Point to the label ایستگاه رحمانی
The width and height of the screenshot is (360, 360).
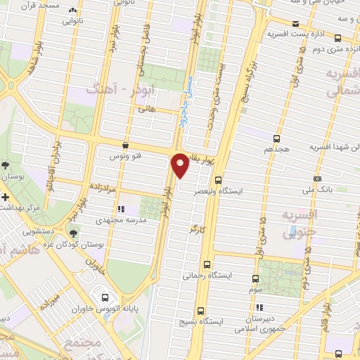[204, 276]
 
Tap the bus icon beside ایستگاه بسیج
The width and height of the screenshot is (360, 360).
[201, 310]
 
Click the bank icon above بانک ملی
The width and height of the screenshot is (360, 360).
[317, 179]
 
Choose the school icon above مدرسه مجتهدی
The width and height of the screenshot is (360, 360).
[121, 209]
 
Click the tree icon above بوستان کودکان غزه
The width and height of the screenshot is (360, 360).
[73, 233]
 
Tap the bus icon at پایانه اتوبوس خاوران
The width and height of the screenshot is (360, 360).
[105, 297]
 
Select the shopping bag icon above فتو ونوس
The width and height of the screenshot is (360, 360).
[125, 145]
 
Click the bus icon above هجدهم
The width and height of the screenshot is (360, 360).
[275, 139]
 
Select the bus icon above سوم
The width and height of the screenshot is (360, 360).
[255, 279]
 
